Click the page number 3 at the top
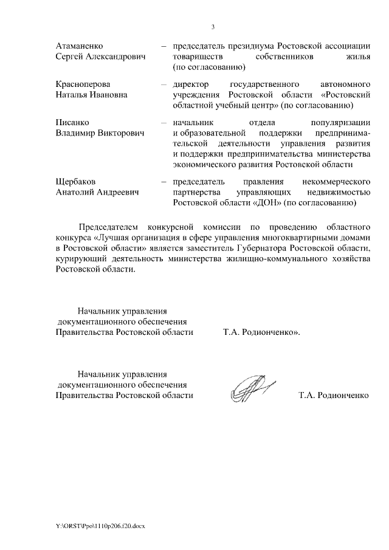click(x=213, y=27)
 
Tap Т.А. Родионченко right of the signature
click(x=333, y=395)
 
